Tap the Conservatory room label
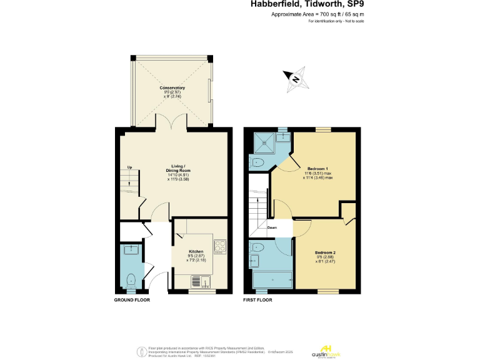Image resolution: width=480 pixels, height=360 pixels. [x=172, y=88]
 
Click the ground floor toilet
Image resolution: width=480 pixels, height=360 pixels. [x=131, y=279]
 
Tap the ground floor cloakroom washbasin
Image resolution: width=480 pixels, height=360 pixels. [x=131, y=251]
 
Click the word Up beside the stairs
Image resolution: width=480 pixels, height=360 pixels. [x=129, y=167]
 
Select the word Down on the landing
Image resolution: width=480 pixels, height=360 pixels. [x=272, y=228]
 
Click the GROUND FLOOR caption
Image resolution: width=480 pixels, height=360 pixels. [x=132, y=300]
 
